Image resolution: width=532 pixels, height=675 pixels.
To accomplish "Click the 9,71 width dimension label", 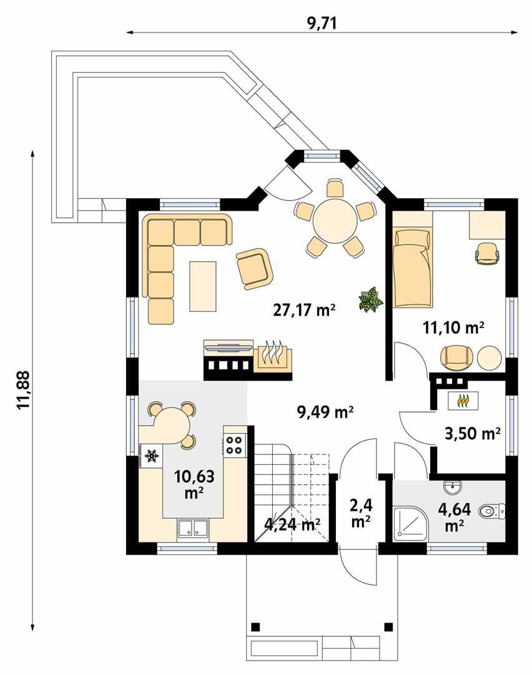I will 322,24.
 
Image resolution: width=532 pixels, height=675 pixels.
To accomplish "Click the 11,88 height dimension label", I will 24,391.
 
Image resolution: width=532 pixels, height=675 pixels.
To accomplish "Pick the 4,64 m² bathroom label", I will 455,517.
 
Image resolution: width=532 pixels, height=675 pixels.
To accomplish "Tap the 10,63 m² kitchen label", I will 194,485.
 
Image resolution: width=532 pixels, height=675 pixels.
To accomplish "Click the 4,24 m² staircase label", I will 292,524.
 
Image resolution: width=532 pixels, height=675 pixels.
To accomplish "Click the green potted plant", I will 371,299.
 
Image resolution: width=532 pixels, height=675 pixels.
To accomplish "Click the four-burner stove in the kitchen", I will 235,444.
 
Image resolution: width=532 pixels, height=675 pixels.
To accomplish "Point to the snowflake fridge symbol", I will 150,456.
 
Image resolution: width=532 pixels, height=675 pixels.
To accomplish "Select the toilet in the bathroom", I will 490,512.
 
